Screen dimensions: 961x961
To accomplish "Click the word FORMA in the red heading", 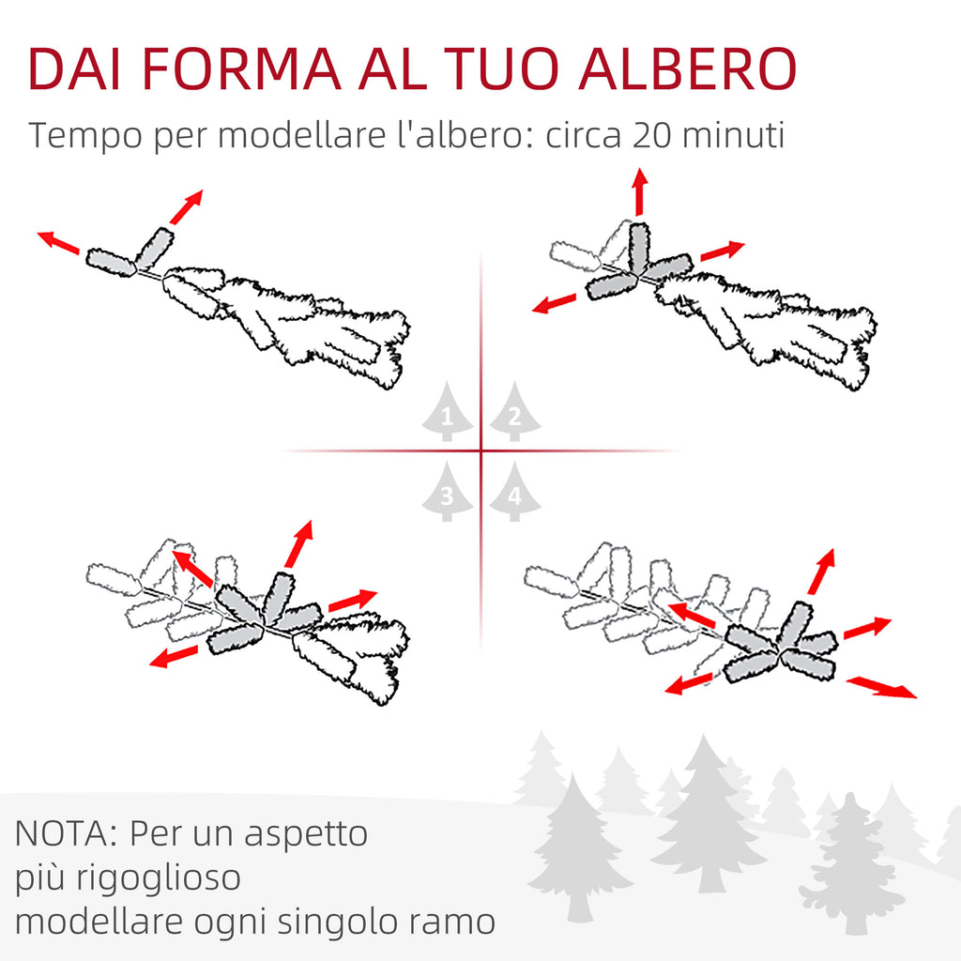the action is click(241, 69).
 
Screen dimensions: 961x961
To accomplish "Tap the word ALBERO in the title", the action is click(687, 69).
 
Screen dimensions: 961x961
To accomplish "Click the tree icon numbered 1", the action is click(448, 411).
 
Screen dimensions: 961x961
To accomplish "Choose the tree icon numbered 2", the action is click(515, 411).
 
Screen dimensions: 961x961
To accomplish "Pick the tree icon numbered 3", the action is click(448, 492).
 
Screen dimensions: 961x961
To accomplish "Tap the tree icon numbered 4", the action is click(515, 492).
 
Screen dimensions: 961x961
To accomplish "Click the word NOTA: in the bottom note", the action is click(66, 833).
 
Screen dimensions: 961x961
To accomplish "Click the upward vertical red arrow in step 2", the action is click(640, 191).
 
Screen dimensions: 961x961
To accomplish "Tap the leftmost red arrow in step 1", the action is click(58, 242).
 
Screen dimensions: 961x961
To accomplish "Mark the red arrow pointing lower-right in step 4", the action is click(881, 687).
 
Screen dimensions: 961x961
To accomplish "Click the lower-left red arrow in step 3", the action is click(174, 656).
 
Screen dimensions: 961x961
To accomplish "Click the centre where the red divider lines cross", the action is click(481, 451).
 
